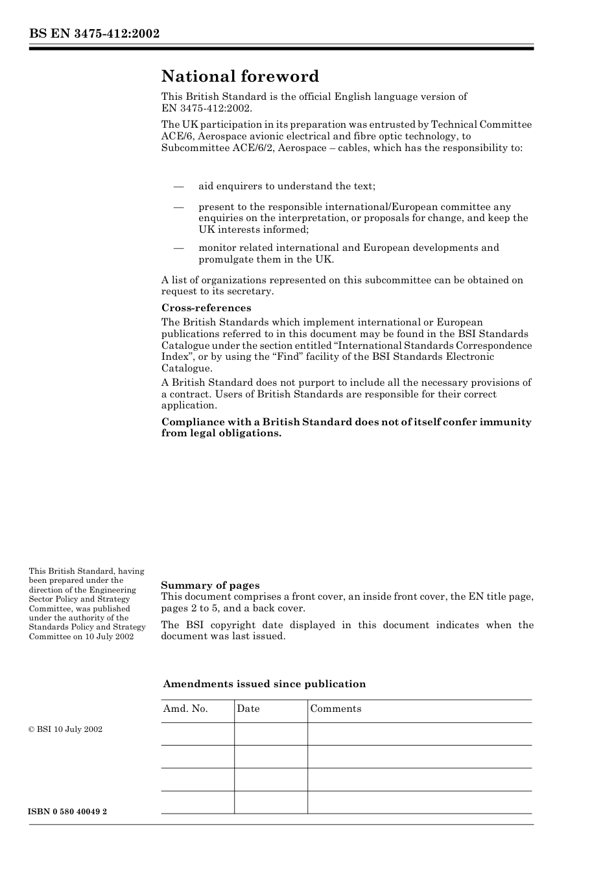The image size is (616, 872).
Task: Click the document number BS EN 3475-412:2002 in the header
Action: click(94, 34)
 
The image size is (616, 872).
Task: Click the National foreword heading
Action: click(240, 77)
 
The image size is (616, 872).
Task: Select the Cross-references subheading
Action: click(206, 308)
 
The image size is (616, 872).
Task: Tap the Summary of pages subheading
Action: click(210, 585)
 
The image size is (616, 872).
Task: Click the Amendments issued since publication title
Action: click(264, 684)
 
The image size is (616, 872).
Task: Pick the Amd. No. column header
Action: click(185, 709)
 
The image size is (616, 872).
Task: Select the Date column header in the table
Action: click(248, 709)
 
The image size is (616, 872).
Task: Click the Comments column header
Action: click(336, 709)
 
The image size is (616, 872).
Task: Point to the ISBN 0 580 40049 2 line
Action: click(68, 812)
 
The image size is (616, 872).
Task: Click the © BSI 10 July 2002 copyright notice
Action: click(65, 729)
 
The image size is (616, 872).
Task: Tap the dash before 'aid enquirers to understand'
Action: click(180, 187)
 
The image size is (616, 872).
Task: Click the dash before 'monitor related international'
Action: click(180, 248)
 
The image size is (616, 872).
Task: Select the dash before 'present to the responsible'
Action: click(180, 207)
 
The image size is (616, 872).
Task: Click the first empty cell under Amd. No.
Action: click(197, 734)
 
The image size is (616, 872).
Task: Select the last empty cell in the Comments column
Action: click(420, 802)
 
